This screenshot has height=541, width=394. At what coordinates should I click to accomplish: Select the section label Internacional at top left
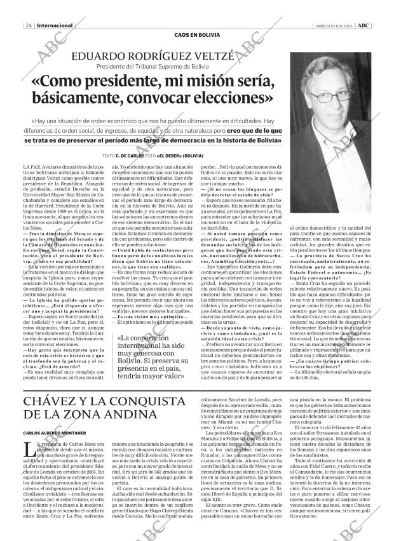(x=55, y=25)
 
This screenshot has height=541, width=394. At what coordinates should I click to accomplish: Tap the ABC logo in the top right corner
(x=364, y=25)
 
